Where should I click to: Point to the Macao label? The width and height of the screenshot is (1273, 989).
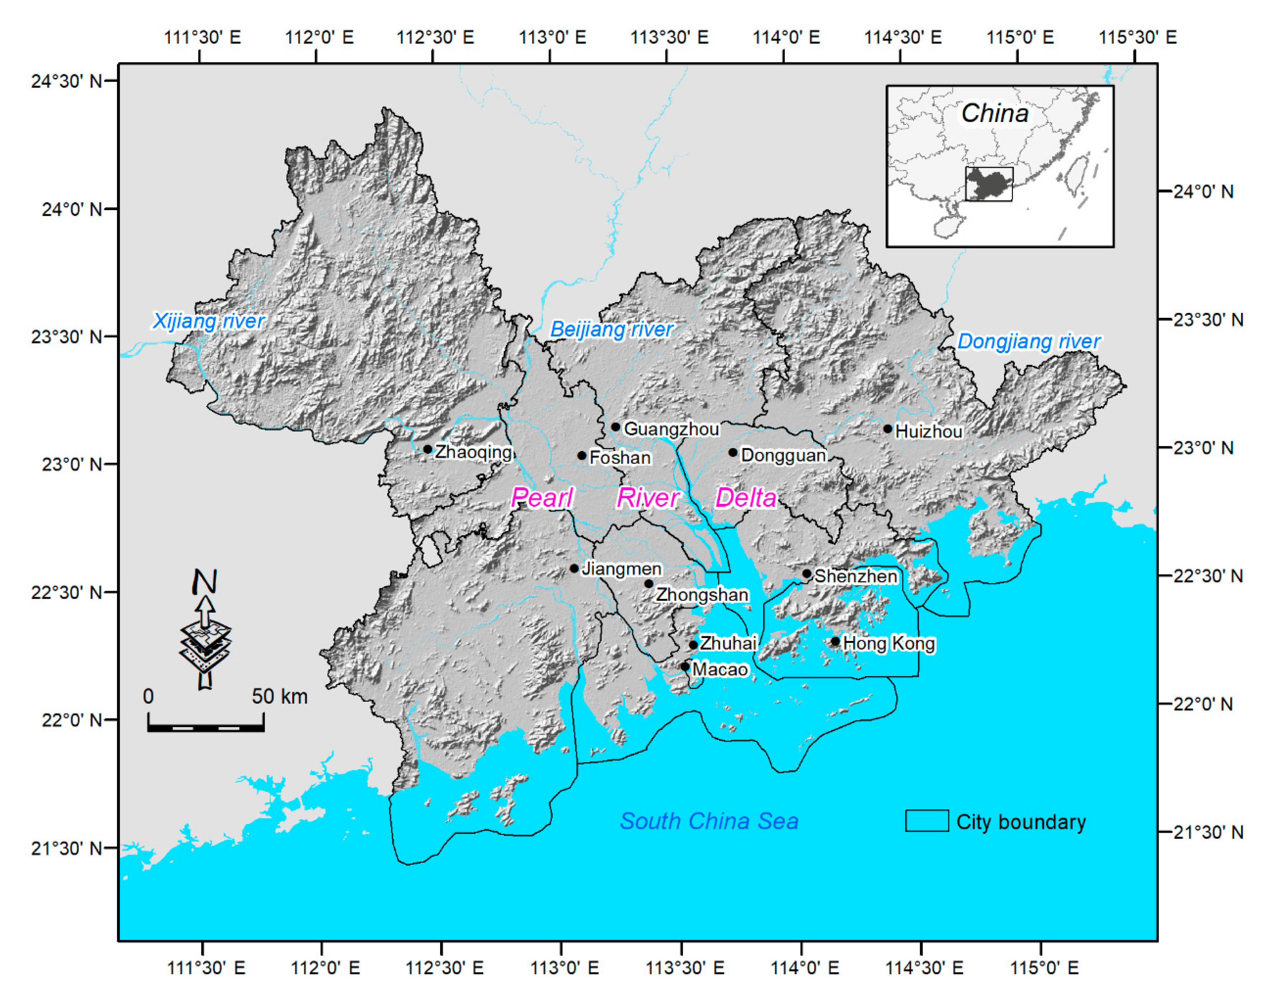click(x=720, y=669)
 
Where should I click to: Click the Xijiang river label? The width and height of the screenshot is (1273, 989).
click(x=209, y=321)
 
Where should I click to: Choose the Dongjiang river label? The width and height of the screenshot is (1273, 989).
click(x=1029, y=341)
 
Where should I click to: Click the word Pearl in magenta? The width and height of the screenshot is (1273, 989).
click(x=542, y=498)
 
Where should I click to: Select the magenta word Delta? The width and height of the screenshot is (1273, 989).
click(x=746, y=498)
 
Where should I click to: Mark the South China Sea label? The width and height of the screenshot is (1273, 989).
click(x=709, y=821)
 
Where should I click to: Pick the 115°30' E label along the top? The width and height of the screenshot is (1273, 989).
click(x=1137, y=37)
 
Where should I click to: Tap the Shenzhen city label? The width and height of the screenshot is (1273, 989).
click(x=855, y=576)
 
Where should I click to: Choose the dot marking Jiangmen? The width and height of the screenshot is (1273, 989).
click(x=574, y=568)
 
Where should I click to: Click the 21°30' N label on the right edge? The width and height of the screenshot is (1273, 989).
click(x=1208, y=832)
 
